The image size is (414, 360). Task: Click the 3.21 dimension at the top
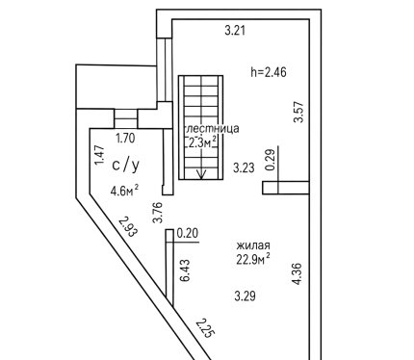(x=235, y=31)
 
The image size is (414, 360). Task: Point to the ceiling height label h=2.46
(x=269, y=72)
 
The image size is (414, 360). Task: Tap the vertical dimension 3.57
(x=298, y=112)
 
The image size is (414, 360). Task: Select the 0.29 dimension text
(x=271, y=160)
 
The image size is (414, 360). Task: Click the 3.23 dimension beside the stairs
(x=244, y=167)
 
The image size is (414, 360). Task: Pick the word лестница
(x=212, y=128)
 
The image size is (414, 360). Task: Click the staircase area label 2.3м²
(x=201, y=142)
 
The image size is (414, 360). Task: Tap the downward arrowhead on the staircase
(x=201, y=175)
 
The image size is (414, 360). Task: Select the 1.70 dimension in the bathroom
(x=125, y=139)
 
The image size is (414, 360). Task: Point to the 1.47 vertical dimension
(x=99, y=155)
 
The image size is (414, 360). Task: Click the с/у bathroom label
(x=126, y=165)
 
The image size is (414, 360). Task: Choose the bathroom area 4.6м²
(x=124, y=191)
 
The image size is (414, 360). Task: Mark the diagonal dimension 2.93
(x=128, y=226)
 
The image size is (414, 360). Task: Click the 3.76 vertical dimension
(x=158, y=213)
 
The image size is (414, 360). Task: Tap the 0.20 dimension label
(x=188, y=233)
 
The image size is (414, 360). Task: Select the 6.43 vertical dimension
(x=185, y=270)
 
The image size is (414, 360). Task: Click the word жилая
(x=253, y=245)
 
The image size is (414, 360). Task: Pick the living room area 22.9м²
(x=253, y=259)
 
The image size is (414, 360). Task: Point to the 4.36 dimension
(x=298, y=273)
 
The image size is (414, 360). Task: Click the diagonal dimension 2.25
(x=204, y=328)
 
